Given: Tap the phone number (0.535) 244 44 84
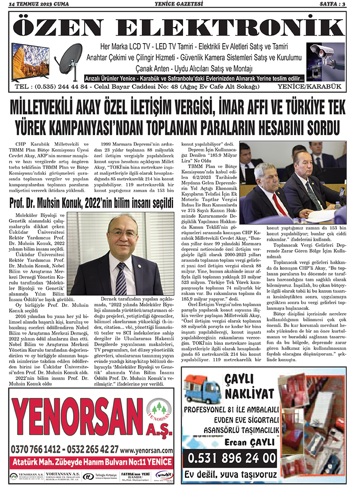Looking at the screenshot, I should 63,87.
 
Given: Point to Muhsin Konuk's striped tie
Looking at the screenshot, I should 121,278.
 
